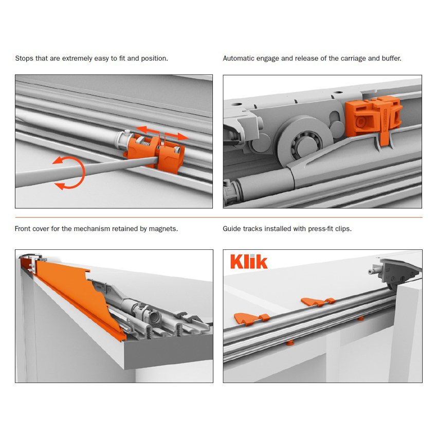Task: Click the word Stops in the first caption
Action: (x=24, y=58)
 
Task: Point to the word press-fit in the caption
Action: (x=320, y=229)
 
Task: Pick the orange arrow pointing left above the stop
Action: (x=147, y=131)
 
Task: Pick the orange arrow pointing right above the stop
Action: (x=176, y=136)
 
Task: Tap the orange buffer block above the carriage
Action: (x=373, y=117)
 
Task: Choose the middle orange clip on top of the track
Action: (x=318, y=301)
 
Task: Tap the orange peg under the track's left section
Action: (x=290, y=343)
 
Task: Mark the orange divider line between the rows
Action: (x=219, y=217)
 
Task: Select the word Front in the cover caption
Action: (x=23, y=229)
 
